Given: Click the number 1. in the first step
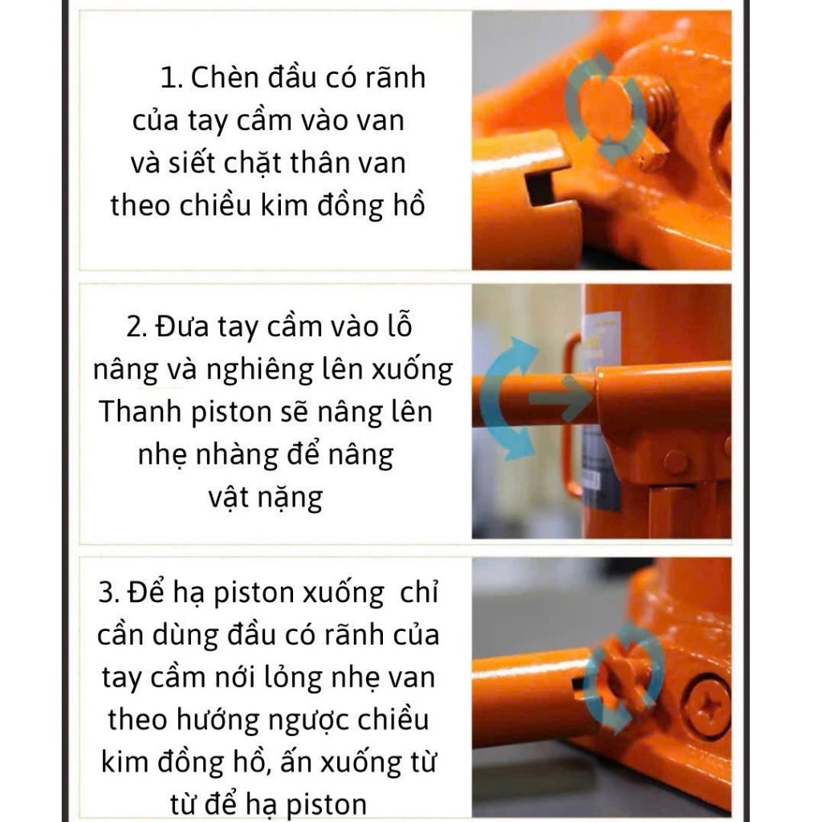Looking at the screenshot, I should [x=173, y=79].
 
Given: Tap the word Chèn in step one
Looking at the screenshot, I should [x=226, y=78].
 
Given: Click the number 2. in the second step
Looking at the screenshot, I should [x=136, y=328].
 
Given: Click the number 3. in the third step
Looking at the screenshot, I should [x=110, y=593].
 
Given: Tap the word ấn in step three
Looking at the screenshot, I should [x=285, y=761].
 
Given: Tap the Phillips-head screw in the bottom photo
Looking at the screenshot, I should [x=707, y=706].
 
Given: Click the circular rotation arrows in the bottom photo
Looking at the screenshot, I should [x=622, y=678].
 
